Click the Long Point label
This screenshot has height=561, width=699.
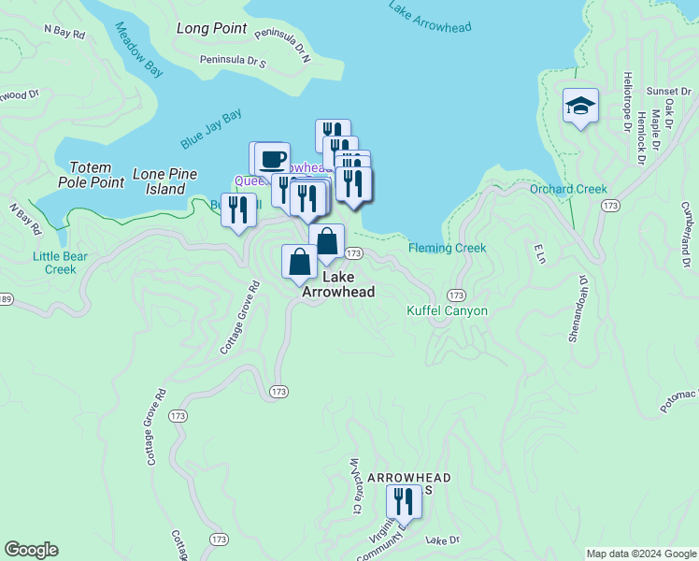[211, 28]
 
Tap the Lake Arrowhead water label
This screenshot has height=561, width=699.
[430, 15]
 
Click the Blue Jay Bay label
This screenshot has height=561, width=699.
[211, 130]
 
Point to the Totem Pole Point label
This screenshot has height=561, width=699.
[91, 174]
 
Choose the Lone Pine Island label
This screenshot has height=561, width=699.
[165, 181]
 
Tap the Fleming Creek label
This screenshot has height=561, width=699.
[447, 248]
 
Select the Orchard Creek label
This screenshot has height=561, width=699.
[568, 189]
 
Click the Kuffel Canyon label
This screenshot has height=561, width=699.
[448, 310]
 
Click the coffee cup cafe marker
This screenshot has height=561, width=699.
[272, 158]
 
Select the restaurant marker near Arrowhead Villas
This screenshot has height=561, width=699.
[404, 501]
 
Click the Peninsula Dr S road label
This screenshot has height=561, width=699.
[233, 63]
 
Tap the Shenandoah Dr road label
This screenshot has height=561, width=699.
[576, 309]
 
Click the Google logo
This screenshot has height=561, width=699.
[31, 550]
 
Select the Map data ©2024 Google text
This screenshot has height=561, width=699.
[640, 554]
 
